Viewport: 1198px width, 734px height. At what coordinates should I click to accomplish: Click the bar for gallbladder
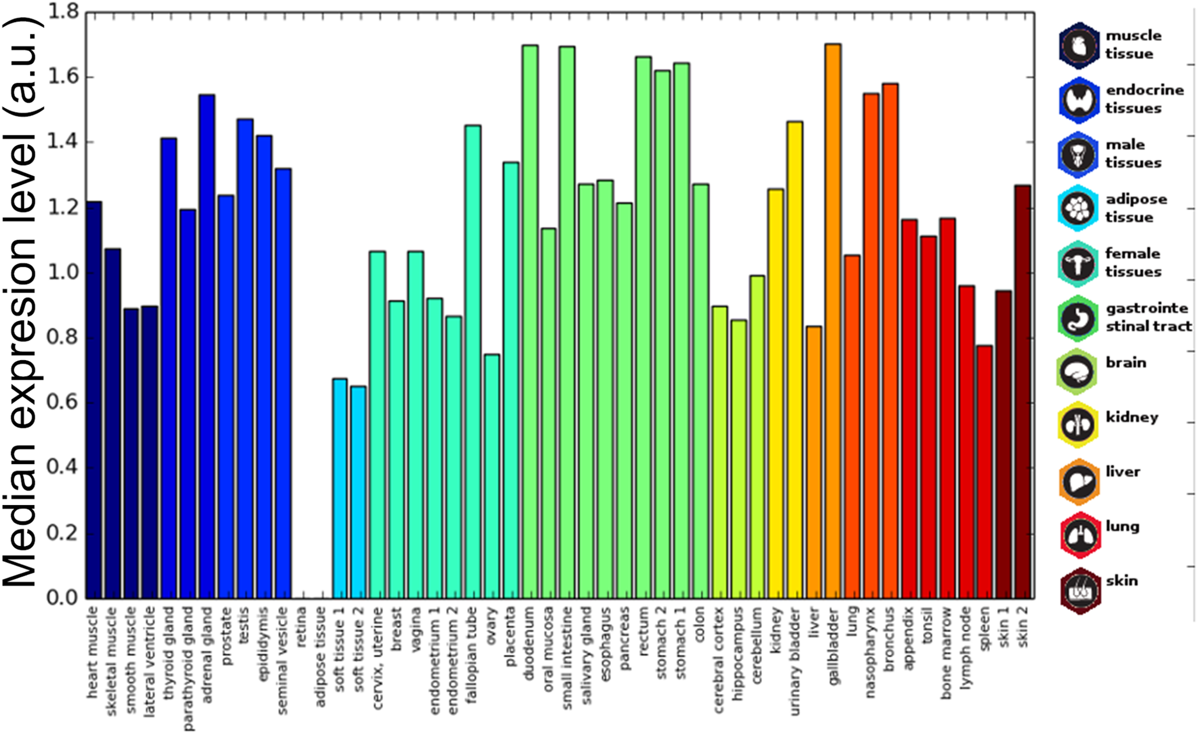point(833,320)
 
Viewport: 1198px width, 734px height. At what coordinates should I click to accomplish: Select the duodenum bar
point(530,320)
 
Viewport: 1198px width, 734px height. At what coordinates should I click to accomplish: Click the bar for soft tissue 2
point(358,492)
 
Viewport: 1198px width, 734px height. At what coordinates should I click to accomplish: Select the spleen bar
point(984,472)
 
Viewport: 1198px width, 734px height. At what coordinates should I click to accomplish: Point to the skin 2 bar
point(1023,392)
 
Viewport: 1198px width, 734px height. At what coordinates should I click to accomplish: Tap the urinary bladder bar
point(795,360)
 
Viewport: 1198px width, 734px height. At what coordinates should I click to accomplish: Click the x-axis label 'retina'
point(302,627)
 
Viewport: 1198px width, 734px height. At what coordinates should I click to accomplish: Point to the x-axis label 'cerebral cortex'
point(719,659)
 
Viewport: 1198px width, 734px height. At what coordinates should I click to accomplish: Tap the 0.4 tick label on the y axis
point(63,468)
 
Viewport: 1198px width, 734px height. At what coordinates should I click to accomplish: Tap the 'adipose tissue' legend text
point(1136,208)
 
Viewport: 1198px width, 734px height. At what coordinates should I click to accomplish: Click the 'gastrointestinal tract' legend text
point(1148,317)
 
